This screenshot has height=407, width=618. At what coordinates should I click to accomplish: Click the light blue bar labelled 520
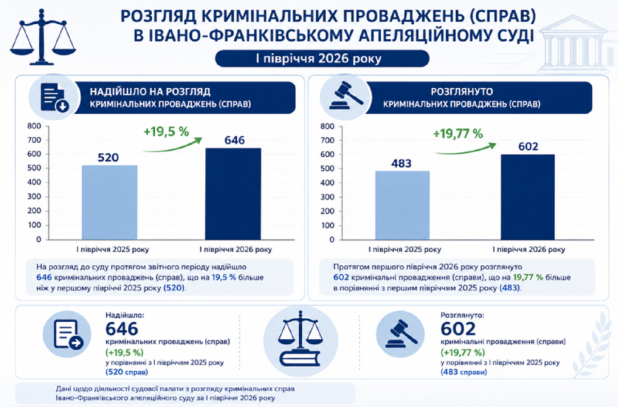pos(110,202)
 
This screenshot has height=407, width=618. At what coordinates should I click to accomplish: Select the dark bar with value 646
pos(233,194)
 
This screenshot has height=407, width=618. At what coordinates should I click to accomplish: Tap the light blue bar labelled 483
pos(402,205)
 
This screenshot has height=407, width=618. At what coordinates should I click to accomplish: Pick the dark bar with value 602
pos(528,197)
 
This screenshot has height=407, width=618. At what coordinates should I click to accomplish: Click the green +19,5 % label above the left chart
pos(166,132)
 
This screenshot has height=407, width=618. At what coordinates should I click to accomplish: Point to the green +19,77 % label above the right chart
pos(458,134)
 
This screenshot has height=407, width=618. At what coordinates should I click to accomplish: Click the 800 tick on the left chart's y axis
pos(34,126)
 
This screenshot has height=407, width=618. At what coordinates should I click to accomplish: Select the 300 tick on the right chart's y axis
pos(327,197)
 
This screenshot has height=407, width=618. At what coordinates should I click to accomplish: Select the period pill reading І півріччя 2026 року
pos(322,59)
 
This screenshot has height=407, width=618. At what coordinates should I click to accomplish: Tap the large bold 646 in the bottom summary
pos(122,329)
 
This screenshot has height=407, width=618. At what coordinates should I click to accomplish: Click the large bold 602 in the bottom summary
pos(458,329)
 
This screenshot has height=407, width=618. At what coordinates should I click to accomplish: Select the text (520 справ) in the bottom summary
pos(127,372)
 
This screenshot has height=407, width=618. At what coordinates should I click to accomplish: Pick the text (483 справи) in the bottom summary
pos(463,372)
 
